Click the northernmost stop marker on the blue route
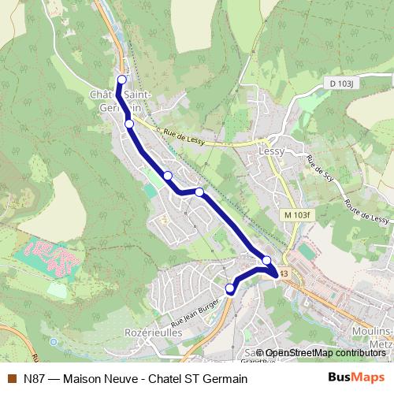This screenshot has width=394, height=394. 121,80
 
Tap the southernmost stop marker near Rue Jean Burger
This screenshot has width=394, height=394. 230,288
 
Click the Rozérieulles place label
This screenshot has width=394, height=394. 153,333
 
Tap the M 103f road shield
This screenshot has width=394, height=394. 299,214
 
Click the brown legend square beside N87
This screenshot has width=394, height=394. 11,378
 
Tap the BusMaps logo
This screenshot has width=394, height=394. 356,377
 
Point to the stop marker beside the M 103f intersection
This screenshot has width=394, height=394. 266,261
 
